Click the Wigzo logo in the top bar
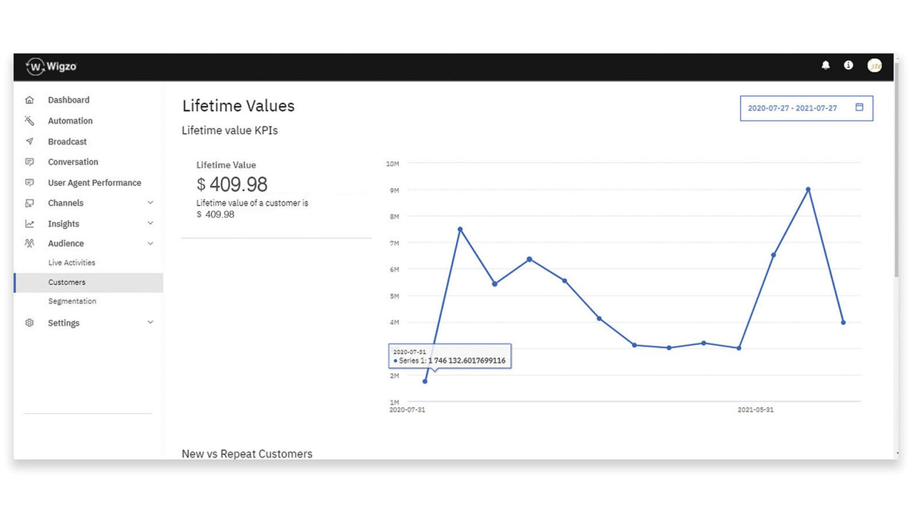(x=51, y=66)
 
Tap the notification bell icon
(x=826, y=65)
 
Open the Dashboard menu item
(x=68, y=100)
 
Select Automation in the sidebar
(x=70, y=121)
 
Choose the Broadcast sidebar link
(x=67, y=142)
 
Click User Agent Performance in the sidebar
(x=94, y=183)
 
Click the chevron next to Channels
(x=150, y=203)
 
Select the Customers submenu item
(x=67, y=283)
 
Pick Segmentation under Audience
(x=72, y=301)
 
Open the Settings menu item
(x=63, y=323)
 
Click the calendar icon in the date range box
(x=859, y=108)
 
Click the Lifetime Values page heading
(x=238, y=106)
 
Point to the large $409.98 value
(x=232, y=185)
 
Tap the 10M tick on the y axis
(x=392, y=164)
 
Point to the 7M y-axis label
(x=393, y=244)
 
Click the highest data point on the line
(x=808, y=190)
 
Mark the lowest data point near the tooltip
(x=425, y=381)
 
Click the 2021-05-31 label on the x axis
(x=755, y=410)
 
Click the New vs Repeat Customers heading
(x=247, y=454)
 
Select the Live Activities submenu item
(x=71, y=263)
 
